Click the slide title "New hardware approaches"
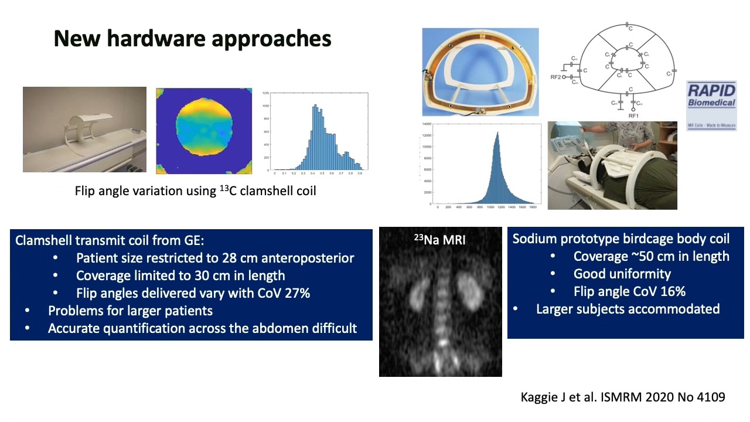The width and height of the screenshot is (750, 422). tap(192, 39)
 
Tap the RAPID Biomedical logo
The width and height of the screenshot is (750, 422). tap(711, 105)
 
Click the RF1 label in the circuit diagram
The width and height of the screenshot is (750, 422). tap(633, 116)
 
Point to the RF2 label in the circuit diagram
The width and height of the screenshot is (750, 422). tap(554, 77)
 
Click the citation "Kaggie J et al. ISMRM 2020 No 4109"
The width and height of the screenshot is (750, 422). tap(623, 397)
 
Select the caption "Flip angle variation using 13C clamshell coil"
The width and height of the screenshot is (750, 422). tap(195, 190)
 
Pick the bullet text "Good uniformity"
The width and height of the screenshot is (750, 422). tap(622, 274)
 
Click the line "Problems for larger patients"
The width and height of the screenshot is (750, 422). tap(130, 310)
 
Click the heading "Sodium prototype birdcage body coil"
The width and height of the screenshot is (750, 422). tap(621, 239)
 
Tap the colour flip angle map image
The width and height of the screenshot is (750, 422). tap(204, 131)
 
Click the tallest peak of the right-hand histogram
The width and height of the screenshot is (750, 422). tap(497, 134)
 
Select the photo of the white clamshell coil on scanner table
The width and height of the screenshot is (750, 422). tap(84, 130)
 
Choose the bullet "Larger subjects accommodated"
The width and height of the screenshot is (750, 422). tap(628, 308)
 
